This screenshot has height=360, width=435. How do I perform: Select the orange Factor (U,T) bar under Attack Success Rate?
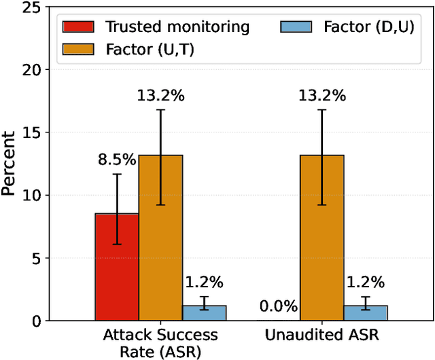click(x=160, y=238)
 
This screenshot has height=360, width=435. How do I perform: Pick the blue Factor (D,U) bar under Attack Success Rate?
click(x=205, y=312)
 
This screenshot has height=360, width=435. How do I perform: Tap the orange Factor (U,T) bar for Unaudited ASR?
click(x=321, y=238)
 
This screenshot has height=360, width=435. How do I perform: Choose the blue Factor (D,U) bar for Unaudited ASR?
click(x=366, y=312)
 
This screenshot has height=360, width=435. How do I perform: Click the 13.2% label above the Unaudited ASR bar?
click(x=322, y=96)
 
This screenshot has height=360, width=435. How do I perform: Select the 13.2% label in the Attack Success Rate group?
click(x=161, y=96)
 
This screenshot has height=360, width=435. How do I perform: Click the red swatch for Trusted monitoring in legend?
click(x=80, y=26)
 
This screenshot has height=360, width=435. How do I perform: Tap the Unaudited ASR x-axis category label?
click(x=321, y=335)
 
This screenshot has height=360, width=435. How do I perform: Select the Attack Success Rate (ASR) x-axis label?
click(x=160, y=342)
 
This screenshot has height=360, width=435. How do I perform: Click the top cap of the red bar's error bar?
click(x=116, y=174)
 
